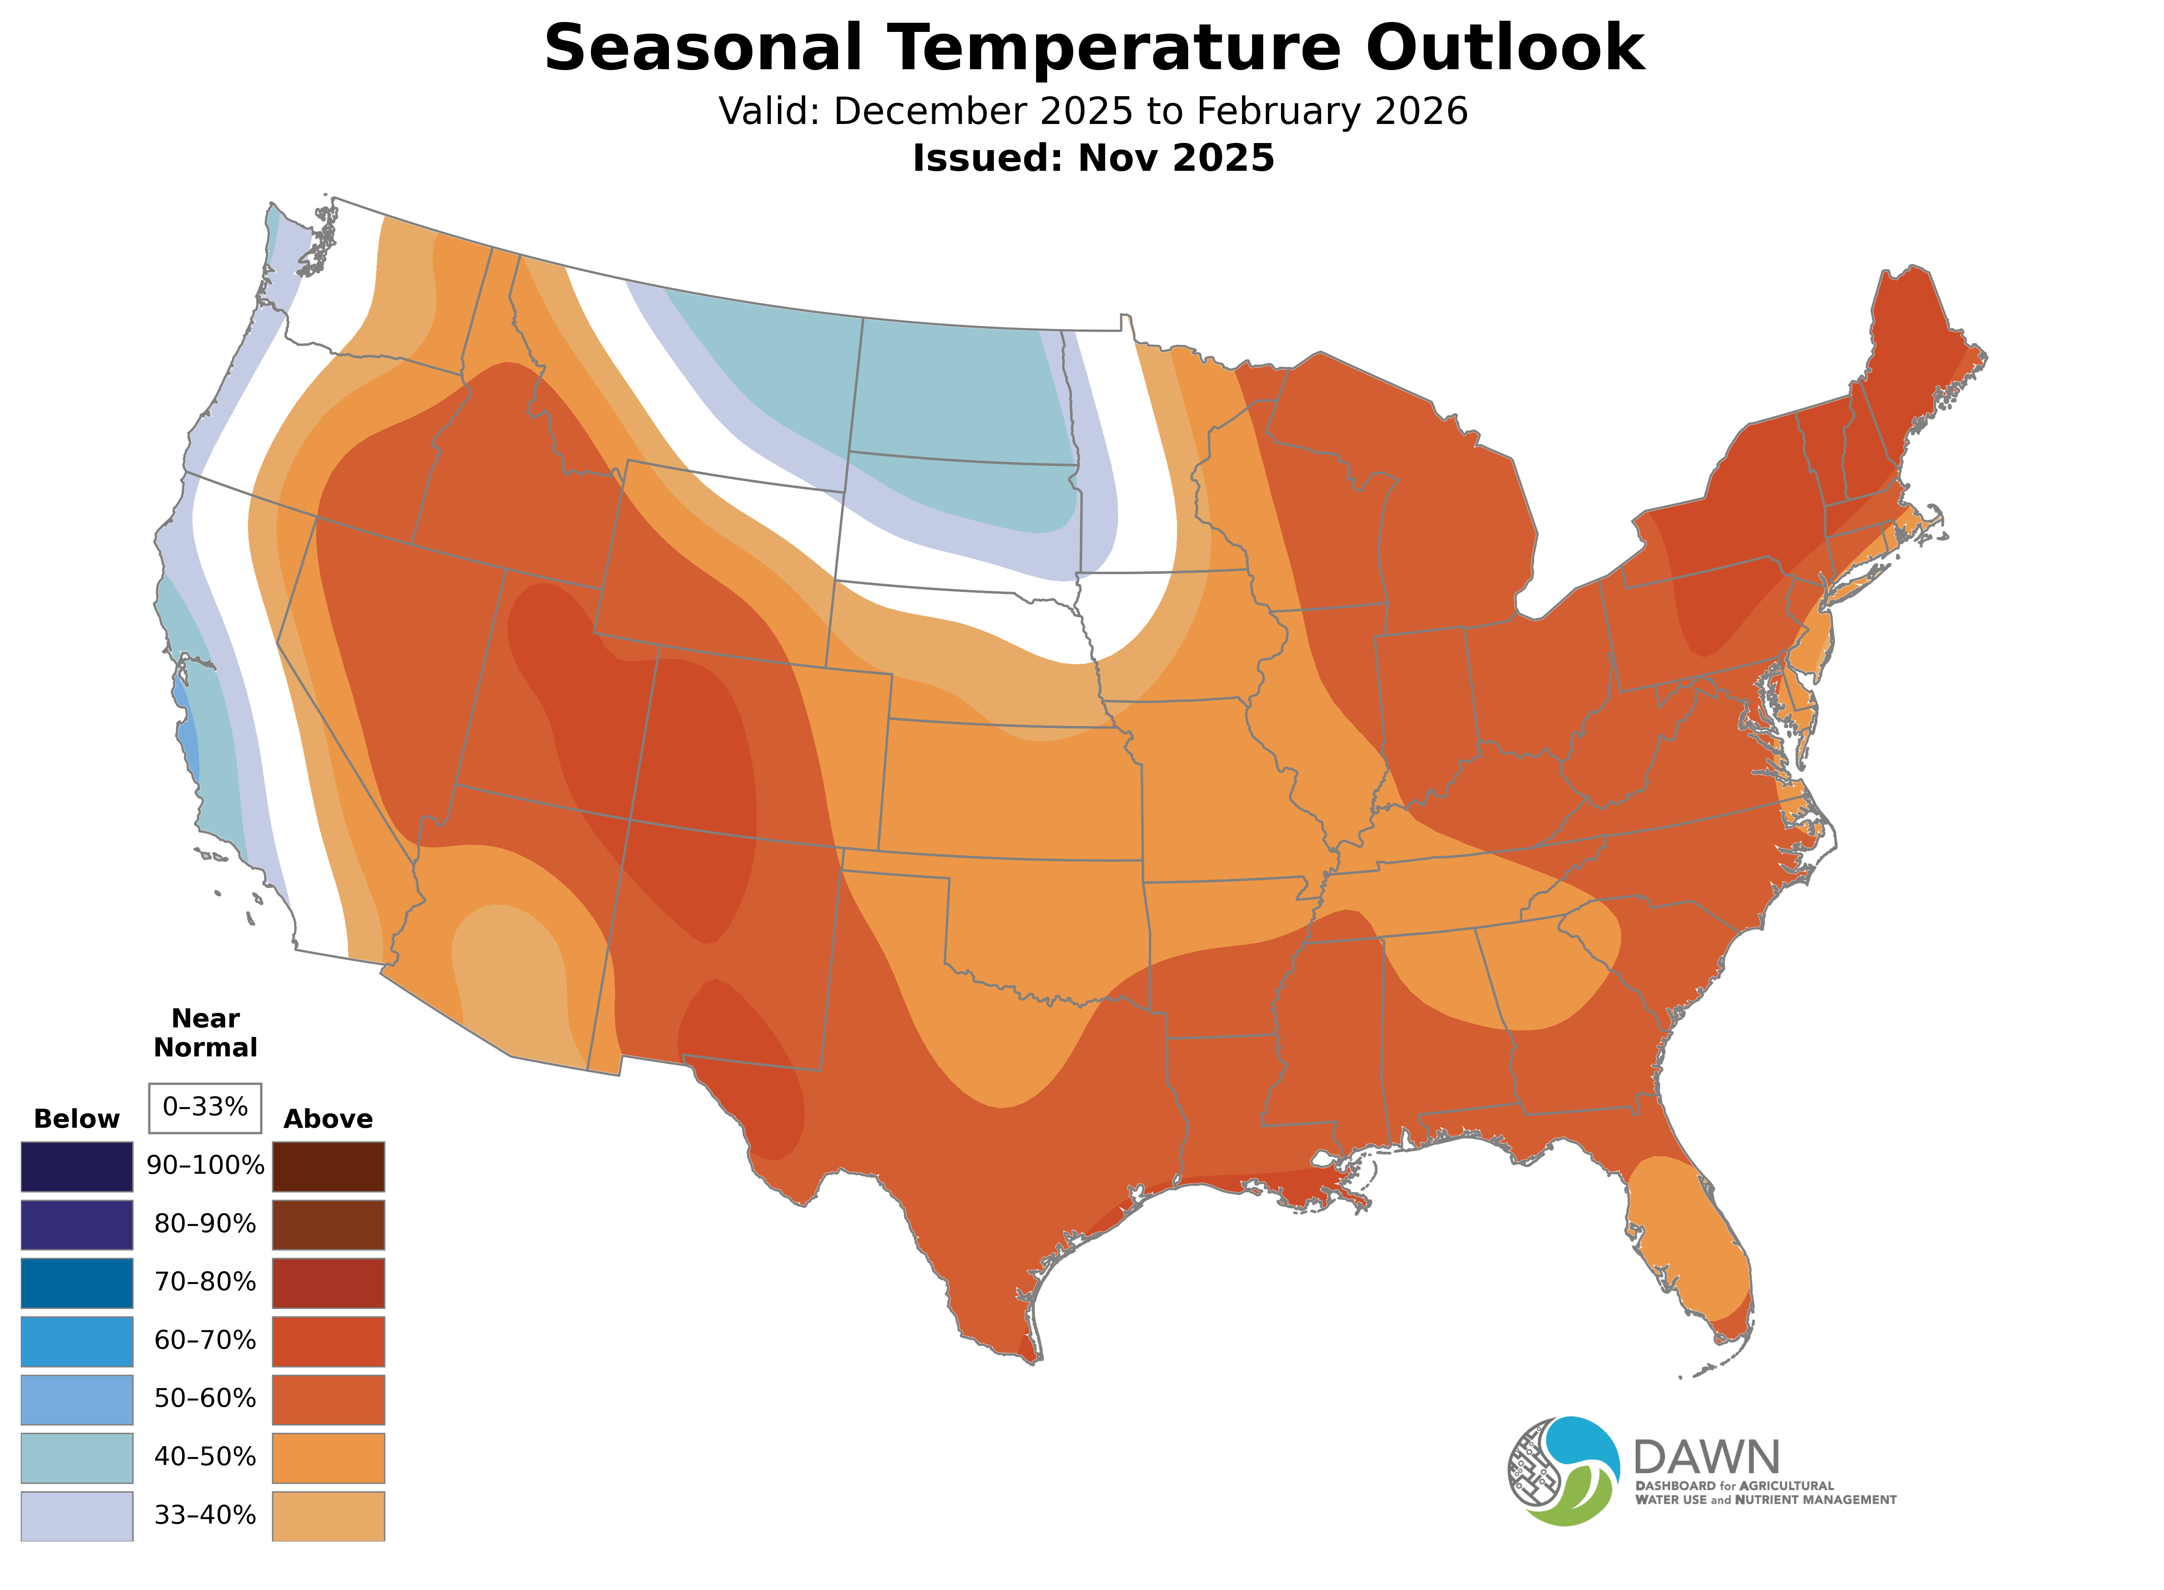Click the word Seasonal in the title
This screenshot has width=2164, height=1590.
(x=703, y=48)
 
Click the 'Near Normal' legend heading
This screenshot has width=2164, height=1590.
(x=205, y=1033)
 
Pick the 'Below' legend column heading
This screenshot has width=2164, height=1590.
(x=76, y=1119)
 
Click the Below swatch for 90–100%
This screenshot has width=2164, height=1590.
(x=77, y=1167)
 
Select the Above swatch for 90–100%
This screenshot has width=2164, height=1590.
(x=328, y=1167)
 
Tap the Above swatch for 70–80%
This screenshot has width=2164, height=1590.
(x=328, y=1283)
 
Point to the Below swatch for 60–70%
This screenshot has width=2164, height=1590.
(x=77, y=1341)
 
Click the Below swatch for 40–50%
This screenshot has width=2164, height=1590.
(x=77, y=1457)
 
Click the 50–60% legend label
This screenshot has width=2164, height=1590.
(x=205, y=1398)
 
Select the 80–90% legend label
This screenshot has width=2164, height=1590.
(x=205, y=1224)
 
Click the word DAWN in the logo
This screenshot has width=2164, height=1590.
(x=1706, y=1458)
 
